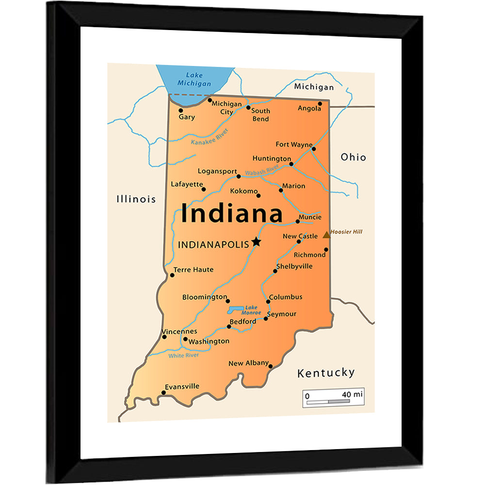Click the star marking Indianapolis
[256, 242]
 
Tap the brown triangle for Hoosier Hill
[327, 235]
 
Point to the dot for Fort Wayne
[313, 149]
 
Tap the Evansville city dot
[163, 392]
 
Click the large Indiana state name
[232, 214]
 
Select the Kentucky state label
[326, 372]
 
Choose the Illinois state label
[136, 199]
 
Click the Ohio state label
[353, 157]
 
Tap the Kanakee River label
[209, 137]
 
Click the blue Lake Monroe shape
[236, 309]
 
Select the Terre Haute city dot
[172, 275]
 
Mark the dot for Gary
[181, 110]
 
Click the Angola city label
[309, 108]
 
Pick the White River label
[183, 356]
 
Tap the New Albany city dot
[270, 366]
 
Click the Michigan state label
[314, 87]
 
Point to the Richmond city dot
[326, 250]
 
